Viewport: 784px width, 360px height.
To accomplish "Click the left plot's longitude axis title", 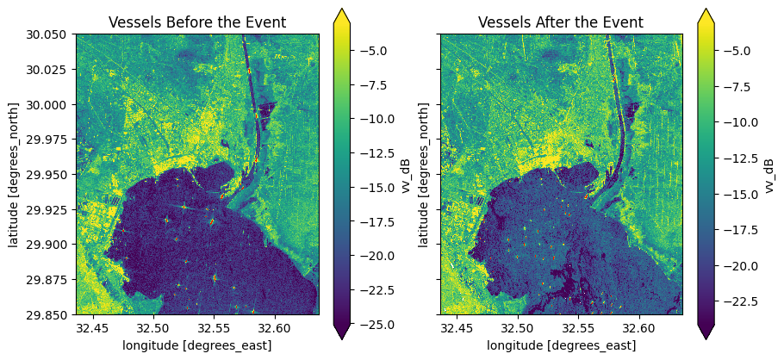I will [x=197, y=345].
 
